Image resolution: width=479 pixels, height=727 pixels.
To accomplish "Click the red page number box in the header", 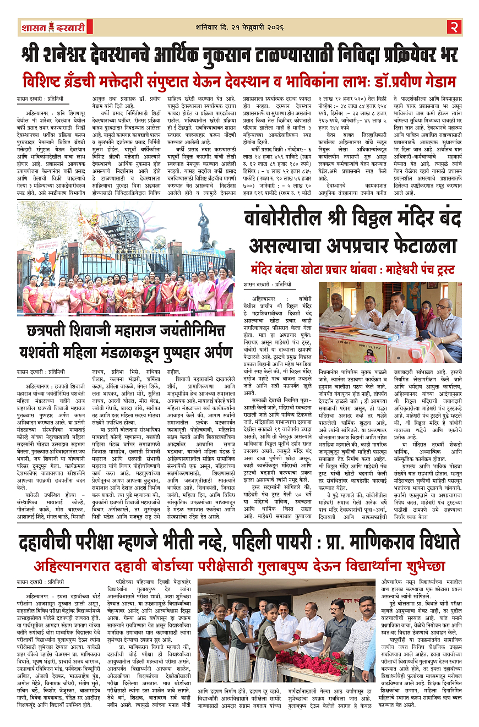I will click(x=454, y=26).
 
